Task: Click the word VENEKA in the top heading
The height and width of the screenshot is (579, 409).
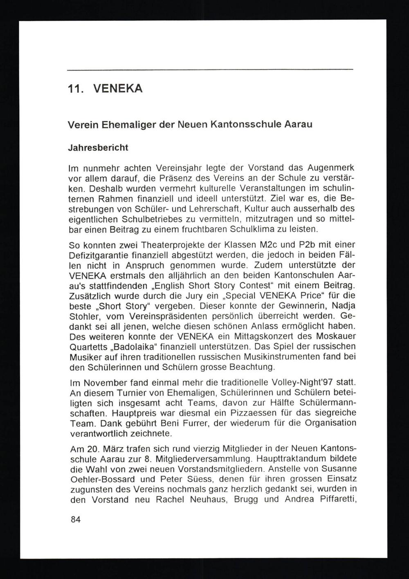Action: (118, 88)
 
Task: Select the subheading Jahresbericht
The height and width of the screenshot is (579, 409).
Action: (97, 148)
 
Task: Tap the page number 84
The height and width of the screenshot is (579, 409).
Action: (76, 519)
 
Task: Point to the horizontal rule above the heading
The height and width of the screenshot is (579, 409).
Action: (210, 69)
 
